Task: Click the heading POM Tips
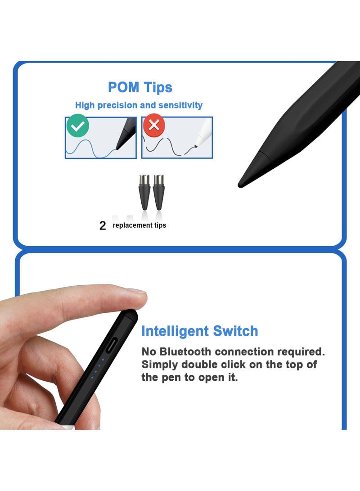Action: tap(140, 87)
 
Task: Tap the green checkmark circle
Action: tap(77, 127)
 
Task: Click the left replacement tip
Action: tap(145, 192)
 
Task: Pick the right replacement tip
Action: tap(159, 192)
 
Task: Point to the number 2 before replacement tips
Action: tap(103, 226)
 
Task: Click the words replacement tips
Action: tap(139, 225)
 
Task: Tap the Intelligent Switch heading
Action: tap(200, 331)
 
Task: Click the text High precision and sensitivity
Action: tap(139, 105)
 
